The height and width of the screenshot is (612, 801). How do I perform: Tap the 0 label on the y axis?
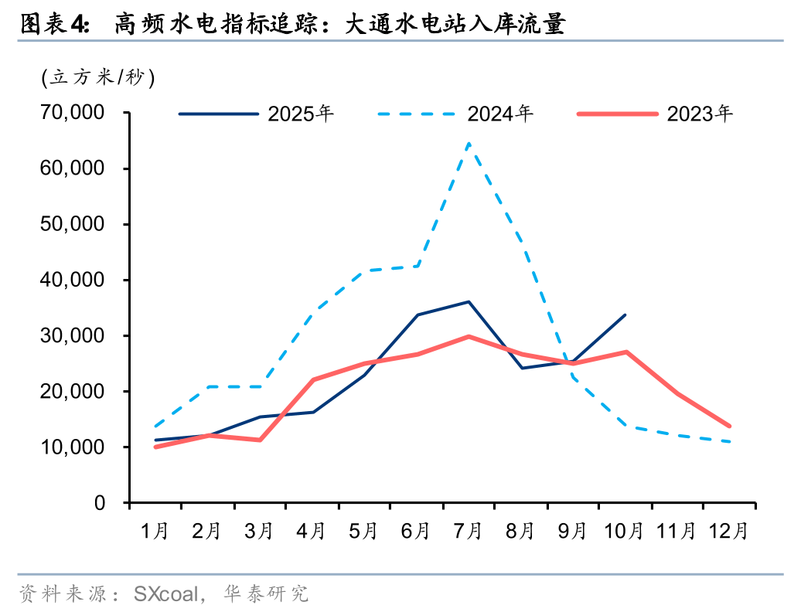[x=99, y=503]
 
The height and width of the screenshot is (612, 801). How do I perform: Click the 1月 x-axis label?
[x=155, y=532]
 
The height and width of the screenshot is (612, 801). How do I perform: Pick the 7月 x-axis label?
[x=469, y=532]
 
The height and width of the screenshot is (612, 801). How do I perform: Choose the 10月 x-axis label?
[x=625, y=532]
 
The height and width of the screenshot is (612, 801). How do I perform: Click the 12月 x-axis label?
[x=729, y=532]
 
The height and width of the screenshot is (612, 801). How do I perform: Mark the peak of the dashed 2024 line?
[x=469, y=143]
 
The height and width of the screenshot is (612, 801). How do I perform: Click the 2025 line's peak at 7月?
[x=469, y=301]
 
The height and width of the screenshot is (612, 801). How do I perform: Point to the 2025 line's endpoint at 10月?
[x=625, y=314]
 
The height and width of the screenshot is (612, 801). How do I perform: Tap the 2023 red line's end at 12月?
[x=729, y=426]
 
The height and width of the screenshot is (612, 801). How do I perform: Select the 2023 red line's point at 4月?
[x=312, y=379]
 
